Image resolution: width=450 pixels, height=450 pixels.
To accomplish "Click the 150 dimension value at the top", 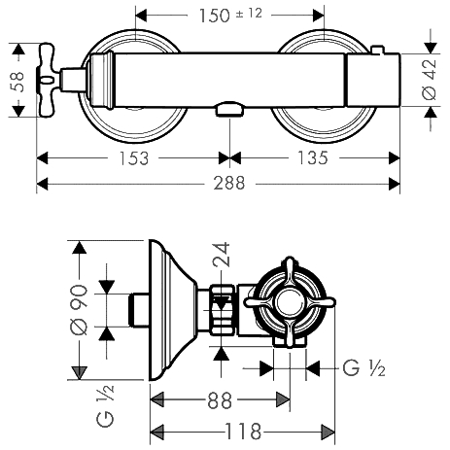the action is click(x=214, y=16).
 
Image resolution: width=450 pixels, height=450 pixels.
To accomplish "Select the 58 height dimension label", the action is click(x=17, y=82).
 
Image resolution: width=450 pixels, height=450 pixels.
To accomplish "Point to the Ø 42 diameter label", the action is click(x=429, y=80).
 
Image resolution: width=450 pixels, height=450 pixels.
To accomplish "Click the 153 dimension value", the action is click(x=133, y=158).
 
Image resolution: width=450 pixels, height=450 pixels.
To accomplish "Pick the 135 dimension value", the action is click(x=312, y=157).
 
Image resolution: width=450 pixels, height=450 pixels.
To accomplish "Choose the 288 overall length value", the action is click(x=229, y=183).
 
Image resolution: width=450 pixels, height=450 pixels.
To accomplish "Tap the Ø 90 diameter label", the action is click(x=79, y=310).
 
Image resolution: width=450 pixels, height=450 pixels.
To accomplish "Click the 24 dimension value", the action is click(x=222, y=255).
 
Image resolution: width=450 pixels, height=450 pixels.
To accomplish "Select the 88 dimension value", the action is click(x=220, y=400).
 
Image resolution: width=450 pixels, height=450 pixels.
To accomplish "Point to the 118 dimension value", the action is click(x=243, y=432).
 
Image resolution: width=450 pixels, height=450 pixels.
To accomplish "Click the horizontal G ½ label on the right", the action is click(x=363, y=368).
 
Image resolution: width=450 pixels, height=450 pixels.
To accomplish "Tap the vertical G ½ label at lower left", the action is click(x=105, y=405).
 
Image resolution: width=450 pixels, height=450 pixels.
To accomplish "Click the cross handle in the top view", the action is click(x=50, y=79).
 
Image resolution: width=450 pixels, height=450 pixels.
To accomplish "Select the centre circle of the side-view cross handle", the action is click(x=290, y=302).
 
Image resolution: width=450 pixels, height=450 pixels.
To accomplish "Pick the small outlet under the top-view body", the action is click(x=229, y=109).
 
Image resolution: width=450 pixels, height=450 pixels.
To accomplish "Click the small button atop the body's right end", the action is click(x=377, y=50).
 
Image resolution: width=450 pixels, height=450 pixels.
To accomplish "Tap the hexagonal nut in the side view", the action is click(x=223, y=310).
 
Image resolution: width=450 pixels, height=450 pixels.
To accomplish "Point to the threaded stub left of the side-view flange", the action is click(x=139, y=310).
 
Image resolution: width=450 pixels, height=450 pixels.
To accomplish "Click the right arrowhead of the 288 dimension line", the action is click(x=394, y=184).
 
